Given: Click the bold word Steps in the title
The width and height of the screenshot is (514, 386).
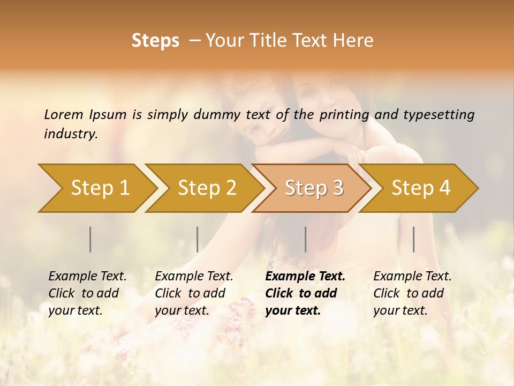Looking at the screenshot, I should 155,41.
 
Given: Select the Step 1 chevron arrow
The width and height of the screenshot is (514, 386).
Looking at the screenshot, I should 96,188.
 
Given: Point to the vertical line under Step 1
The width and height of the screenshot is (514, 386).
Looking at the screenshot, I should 90,239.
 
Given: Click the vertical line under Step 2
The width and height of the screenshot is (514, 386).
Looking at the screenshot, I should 198,239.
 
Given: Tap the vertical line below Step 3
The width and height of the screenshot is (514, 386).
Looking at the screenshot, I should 306,239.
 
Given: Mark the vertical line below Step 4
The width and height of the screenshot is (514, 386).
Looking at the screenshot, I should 414,239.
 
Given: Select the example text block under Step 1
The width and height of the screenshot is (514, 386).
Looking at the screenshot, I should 87,293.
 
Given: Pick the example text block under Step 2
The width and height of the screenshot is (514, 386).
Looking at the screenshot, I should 194,293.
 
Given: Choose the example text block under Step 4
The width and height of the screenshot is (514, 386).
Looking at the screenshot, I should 412,293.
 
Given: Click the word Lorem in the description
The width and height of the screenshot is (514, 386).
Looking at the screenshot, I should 63,115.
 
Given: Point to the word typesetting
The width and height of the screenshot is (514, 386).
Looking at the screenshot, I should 439,115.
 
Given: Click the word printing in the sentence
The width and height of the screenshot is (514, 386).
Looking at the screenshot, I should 345,115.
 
